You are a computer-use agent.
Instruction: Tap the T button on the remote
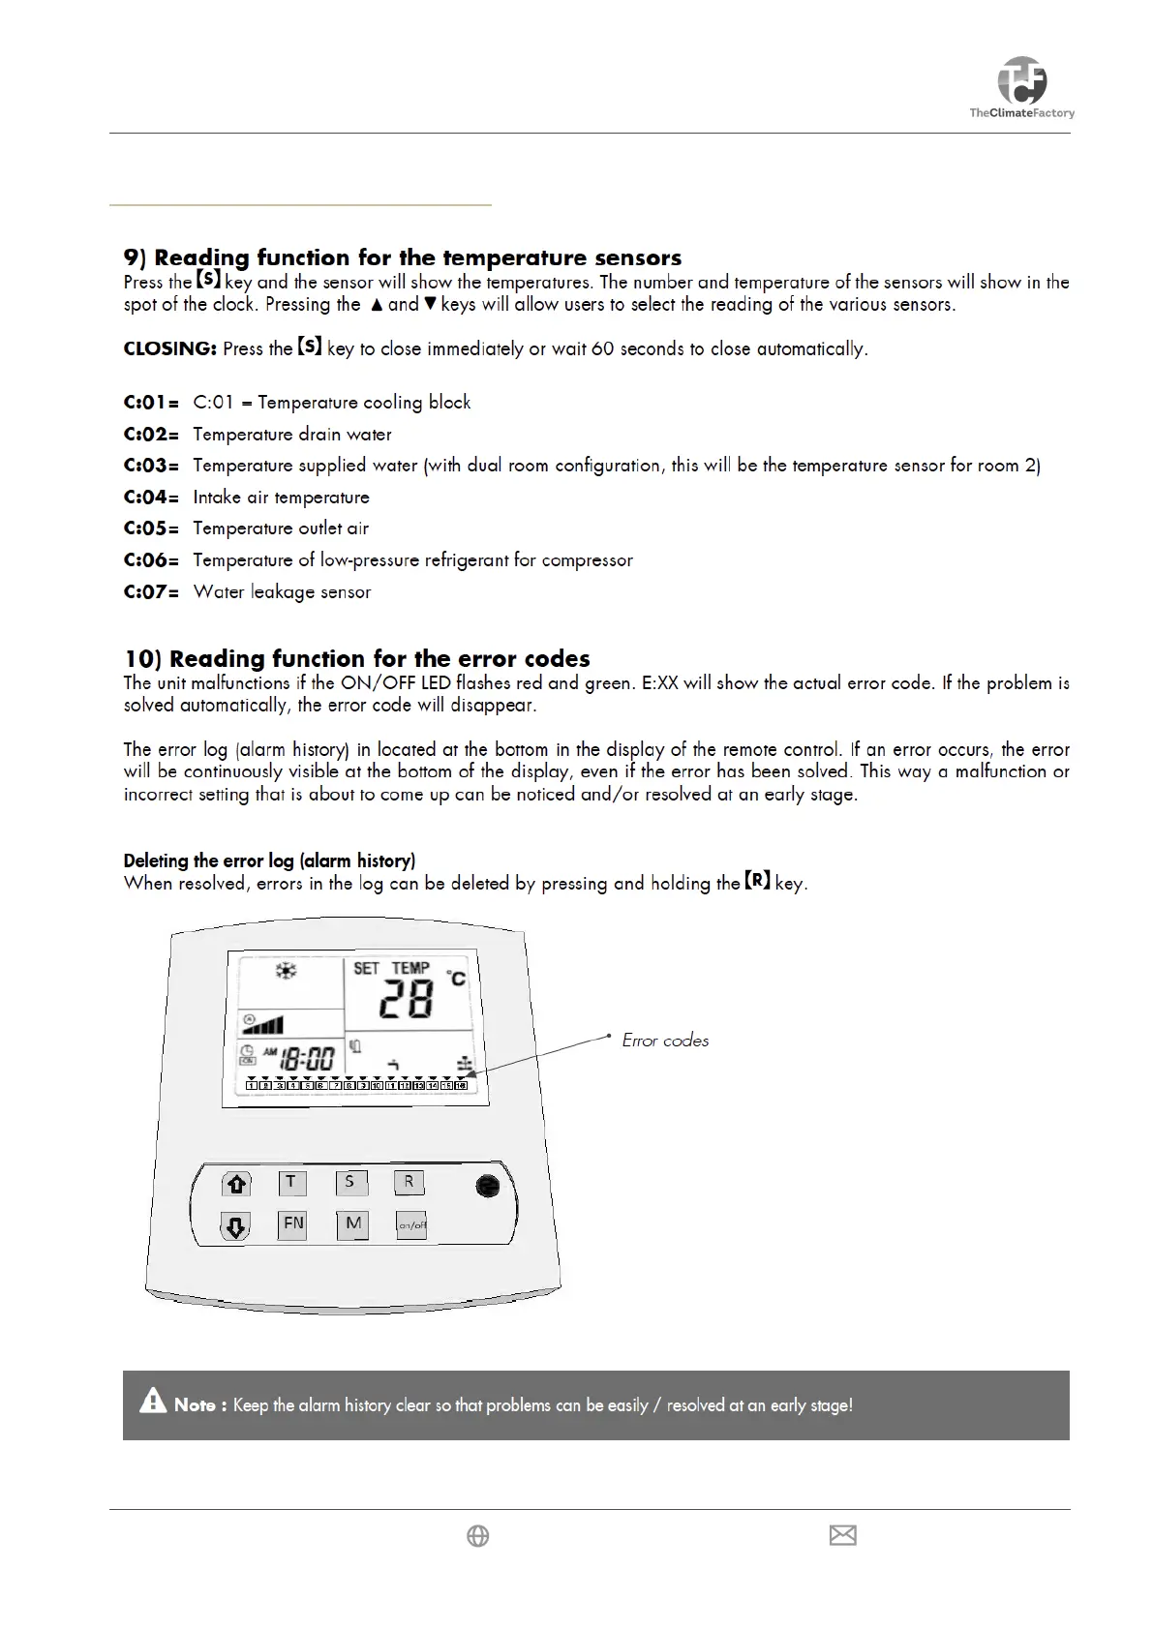click(291, 1182)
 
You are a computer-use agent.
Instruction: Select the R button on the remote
click(409, 1182)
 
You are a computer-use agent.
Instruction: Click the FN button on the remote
click(292, 1224)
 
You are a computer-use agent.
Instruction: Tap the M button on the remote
click(353, 1224)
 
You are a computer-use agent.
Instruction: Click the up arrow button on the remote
click(235, 1184)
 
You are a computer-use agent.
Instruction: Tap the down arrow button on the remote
click(235, 1227)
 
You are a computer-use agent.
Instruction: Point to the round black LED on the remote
click(488, 1186)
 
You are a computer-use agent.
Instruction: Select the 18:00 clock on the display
click(307, 1058)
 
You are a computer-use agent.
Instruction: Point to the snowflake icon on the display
click(286, 970)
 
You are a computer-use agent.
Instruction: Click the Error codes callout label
click(665, 1041)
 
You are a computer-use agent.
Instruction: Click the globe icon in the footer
click(478, 1536)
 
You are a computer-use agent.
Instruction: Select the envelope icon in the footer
click(843, 1535)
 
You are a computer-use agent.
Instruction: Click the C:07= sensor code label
click(151, 592)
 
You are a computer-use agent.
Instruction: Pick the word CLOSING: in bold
click(169, 348)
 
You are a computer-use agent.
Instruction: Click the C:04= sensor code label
click(151, 498)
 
